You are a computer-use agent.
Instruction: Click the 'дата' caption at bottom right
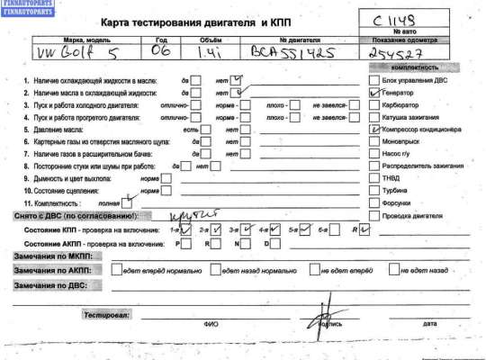(x=429, y=324)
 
